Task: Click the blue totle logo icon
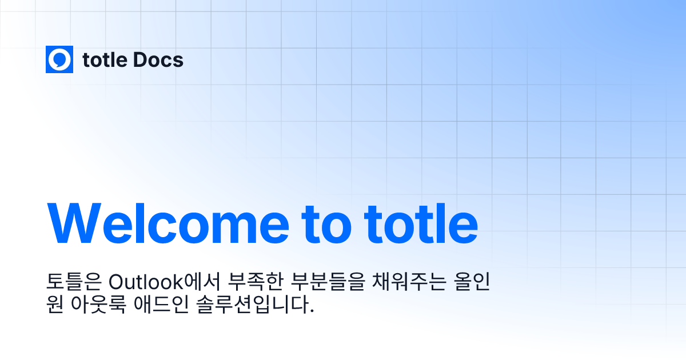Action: coord(59,59)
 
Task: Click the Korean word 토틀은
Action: coord(74,282)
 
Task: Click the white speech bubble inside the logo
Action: coord(59,59)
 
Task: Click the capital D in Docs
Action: coord(140,60)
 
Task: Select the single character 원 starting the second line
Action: coord(55,305)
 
